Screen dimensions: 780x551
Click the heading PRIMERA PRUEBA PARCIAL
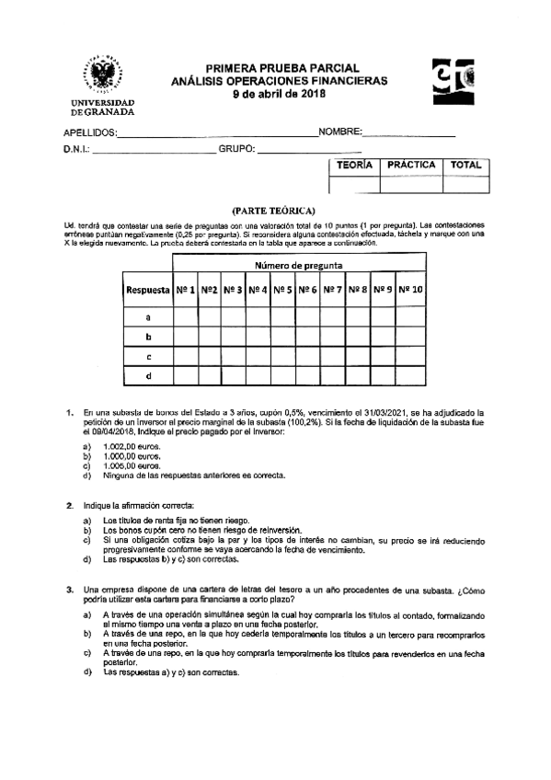[281, 68]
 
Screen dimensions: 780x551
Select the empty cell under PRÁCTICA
[411, 184]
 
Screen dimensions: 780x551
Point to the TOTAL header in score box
[465, 166]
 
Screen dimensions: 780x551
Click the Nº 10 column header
[410, 290]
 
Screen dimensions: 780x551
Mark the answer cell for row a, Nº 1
[185, 316]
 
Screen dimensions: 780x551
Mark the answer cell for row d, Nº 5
[283, 375]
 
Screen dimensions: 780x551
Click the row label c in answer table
[148, 356]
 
